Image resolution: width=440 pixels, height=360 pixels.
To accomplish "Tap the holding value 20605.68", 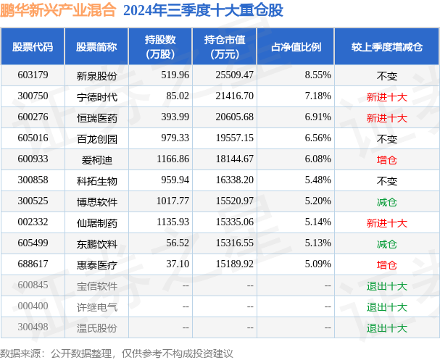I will coord(229,117).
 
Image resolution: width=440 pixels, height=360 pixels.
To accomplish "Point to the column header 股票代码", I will coord(32,47).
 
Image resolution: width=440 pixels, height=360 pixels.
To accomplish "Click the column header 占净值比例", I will coord(296,47).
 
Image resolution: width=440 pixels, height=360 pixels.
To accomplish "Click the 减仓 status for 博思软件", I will coord(386,201).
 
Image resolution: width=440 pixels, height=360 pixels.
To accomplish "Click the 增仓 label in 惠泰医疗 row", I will coord(386,264).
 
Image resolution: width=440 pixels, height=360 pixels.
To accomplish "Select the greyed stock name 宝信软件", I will coord(96,285).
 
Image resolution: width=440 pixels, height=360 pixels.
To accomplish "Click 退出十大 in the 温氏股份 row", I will coord(386,327).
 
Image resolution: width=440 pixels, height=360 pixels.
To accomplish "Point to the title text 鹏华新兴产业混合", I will coord(59,11).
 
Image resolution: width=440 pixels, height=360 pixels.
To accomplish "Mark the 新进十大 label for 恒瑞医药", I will coord(386,117).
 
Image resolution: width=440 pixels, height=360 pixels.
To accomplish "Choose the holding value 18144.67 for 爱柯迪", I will coord(229,159).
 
